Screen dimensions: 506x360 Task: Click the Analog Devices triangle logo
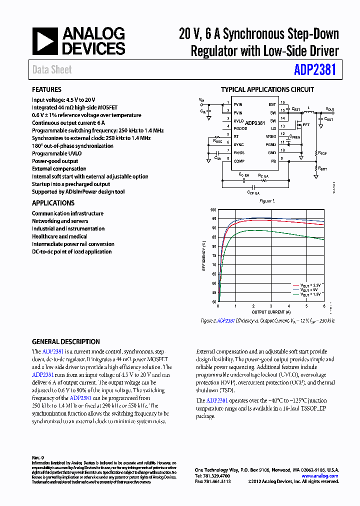tap(45, 41)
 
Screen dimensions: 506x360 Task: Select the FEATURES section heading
tap(47, 89)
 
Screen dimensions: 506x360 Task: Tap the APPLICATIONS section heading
tap(53, 203)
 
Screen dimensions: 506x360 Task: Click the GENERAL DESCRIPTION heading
tap(65, 341)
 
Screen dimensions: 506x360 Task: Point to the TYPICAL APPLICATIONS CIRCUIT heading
tap(267, 89)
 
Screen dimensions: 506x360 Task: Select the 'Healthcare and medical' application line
tap(59, 236)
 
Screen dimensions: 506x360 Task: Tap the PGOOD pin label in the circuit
tap(239, 126)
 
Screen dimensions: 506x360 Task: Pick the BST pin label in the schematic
tap(272, 104)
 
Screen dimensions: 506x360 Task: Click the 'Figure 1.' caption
tap(267, 201)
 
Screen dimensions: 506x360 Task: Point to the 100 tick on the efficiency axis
tap(213, 210)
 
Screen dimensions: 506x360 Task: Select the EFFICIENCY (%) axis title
tap(204, 256)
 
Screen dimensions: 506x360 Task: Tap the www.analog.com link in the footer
tap(320, 476)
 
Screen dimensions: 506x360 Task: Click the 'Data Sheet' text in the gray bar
tap(52, 70)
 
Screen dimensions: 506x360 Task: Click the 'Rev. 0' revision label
tap(38, 457)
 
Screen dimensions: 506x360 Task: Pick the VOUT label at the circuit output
tap(330, 108)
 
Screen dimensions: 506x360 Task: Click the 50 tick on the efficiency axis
tap(214, 302)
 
